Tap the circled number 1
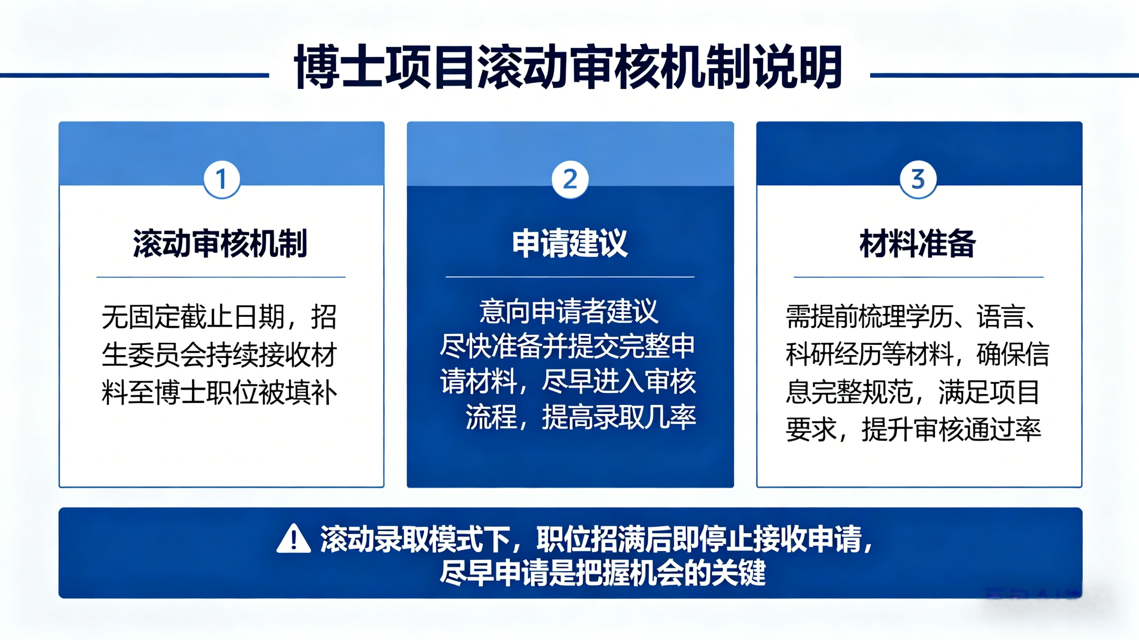222,179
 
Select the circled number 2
570,179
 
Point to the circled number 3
918,179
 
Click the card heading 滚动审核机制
220,243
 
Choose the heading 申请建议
569,243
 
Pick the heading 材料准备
917,243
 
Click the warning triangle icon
294,538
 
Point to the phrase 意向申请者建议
569,311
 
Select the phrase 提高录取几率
619,417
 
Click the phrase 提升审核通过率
952,429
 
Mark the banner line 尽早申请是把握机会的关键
602,573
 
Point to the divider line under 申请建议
570,277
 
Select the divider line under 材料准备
919,277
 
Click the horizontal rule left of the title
134,75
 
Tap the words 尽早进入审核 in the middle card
619,381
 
